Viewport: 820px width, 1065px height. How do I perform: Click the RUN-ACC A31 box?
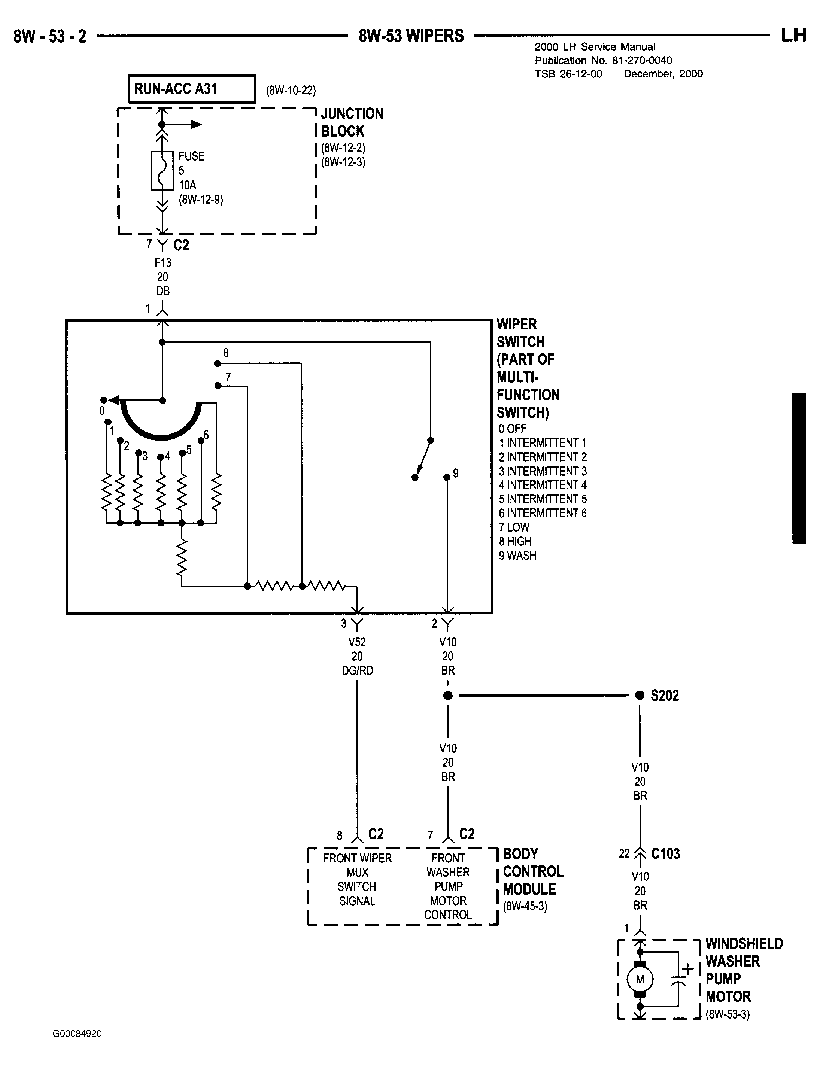point(192,89)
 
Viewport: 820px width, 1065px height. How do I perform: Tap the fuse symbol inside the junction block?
point(162,171)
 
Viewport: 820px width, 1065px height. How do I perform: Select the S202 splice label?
point(664,696)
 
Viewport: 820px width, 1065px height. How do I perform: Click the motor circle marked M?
point(640,979)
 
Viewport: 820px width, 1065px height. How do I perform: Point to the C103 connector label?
point(665,853)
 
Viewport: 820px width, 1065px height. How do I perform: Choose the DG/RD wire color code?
point(357,670)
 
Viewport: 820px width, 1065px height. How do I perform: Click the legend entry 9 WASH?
point(517,556)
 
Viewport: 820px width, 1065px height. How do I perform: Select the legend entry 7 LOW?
point(514,527)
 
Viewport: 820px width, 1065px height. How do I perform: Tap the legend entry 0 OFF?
point(512,429)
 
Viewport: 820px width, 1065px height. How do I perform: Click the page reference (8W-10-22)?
point(291,91)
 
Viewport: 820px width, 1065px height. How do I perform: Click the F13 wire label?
point(163,263)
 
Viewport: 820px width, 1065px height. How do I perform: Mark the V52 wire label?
point(357,642)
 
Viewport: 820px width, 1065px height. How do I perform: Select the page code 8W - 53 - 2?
point(50,36)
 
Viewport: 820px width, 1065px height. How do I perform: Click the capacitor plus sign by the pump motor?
point(687,968)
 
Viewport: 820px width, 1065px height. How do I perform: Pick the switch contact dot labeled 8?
point(217,363)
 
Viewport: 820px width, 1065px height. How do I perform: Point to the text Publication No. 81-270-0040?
point(604,61)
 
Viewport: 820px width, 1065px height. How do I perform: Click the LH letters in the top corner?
point(794,36)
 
